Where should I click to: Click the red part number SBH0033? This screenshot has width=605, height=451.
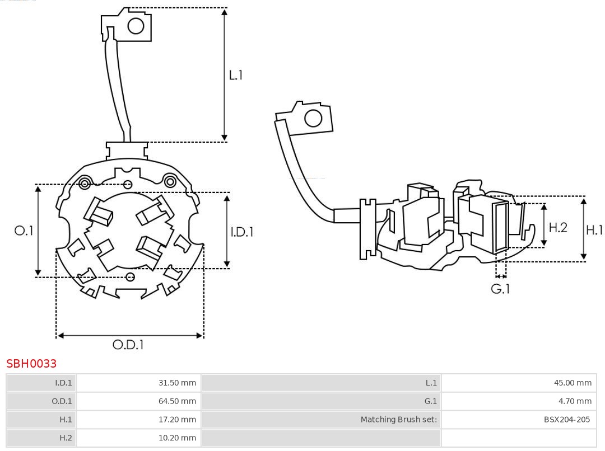coord(31,364)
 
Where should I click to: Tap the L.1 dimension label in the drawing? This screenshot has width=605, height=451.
coord(236,75)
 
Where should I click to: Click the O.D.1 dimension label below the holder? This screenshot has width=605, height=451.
coord(128,345)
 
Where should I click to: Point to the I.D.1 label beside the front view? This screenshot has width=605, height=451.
coord(242,232)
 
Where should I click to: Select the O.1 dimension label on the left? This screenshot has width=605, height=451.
coord(24,231)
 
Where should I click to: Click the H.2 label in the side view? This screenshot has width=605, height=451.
coord(558,227)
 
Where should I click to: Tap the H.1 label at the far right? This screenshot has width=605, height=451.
coord(594,229)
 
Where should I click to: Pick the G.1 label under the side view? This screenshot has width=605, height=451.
coord(500,289)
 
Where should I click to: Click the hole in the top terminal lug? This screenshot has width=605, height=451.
coord(136,26)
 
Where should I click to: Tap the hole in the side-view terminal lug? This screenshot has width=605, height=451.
coord(313,119)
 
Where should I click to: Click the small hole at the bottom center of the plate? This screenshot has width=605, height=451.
coord(130,277)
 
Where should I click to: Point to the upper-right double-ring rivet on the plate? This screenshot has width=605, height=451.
coord(170,181)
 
